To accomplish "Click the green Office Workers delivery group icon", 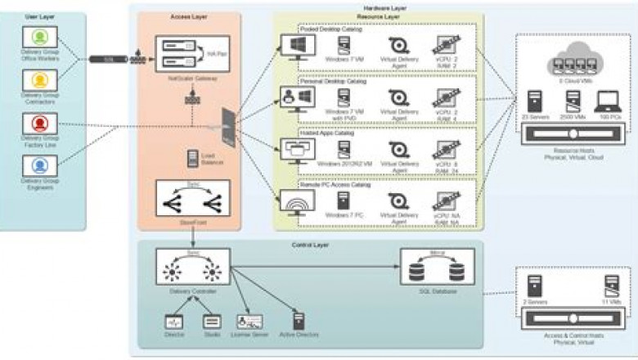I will pyautogui.click(x=39, y=37).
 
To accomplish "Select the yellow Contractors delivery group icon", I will pyautogui.click(x=39, y=79).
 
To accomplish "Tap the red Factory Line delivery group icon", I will pyautogui.click(x=39, y=124).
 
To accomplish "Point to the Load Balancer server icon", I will pyautogui.click(x=192, y=156).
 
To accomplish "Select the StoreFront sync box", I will pyautogui.click(x=192, y=199).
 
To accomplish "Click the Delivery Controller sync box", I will pyautogui.click(x=192, y=268).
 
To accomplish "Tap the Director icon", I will pyautogui.click(x=173, y=322).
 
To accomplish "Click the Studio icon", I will pyautogui.click(x=212, y=322).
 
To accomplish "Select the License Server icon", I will pyautogui.click(x=249, y=322).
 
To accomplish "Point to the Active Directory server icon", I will pyautogui.click(x=299, y=321).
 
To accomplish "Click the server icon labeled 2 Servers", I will pyautogui.click(x=536, y=286).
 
